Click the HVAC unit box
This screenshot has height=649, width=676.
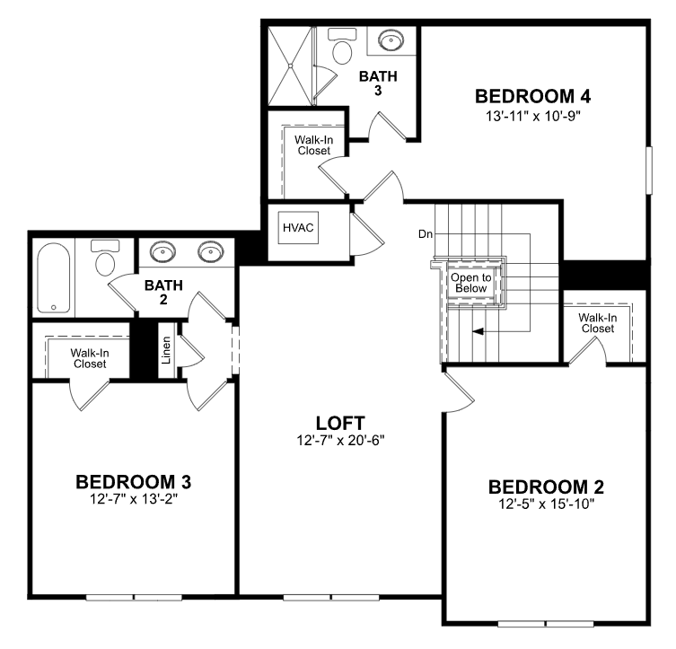coord(298,227)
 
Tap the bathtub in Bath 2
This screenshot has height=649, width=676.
coord(54,278)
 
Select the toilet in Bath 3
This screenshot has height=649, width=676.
coord(342,47)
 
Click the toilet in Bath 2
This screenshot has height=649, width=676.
coord(105,258)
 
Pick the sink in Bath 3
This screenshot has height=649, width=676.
coord(391,40)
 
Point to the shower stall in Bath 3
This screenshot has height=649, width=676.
coord(290,66)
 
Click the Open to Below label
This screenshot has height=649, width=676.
coord(470,283)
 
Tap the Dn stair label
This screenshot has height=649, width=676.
coord(426,234)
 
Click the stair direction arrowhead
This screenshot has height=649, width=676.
coord(478,331)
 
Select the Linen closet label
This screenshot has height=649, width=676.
coord(166,350)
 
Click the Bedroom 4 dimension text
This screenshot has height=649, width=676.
coord(533,116)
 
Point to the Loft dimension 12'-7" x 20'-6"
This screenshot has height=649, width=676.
coord(340,441)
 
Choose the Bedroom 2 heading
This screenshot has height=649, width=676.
coord(546,487)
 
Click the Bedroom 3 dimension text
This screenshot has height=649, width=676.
coord(134,498)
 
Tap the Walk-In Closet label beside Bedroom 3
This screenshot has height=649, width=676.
coord(90,358)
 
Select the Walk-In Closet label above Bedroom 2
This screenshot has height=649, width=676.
coord(598,323)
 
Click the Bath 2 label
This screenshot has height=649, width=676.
coord(163,292)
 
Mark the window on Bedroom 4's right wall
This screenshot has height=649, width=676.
coord(649,171)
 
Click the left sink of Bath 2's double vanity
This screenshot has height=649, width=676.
coord(162,251)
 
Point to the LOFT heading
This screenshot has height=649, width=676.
coord(340,423)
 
